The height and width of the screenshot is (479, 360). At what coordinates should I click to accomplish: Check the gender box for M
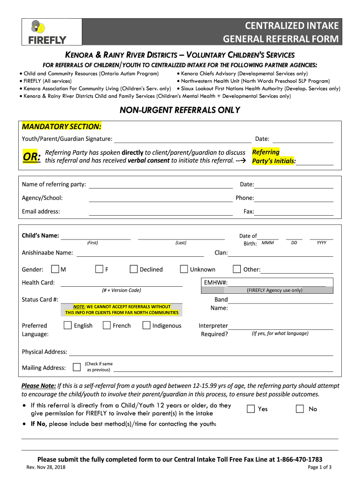pos(55,269)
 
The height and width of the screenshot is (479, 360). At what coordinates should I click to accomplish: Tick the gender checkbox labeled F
pos(99,269)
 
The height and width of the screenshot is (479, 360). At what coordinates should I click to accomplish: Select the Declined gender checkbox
pos(134,269)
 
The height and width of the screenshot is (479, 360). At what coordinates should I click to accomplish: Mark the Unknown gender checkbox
pos(184,269)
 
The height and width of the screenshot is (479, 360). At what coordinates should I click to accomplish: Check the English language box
pos(68,325)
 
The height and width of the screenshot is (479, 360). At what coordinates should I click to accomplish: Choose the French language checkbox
pos(107,325)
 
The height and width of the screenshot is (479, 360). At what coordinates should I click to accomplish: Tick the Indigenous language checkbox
pos(146,325)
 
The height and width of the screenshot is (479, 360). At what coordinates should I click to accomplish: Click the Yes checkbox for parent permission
pos(251,409)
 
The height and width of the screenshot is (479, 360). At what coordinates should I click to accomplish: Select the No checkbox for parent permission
pos(300,409)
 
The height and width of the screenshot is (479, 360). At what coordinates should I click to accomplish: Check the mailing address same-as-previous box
pos(77,367)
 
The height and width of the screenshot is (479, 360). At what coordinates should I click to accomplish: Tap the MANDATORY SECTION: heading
pos(61,126)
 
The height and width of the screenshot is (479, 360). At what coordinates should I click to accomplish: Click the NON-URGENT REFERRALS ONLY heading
pos(180,110)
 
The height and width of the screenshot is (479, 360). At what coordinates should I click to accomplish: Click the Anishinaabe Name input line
pos(140,254)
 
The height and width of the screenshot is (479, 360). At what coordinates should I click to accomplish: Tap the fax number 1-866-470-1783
pos(299,459)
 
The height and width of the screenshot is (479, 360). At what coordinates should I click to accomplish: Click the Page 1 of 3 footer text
pos(319,467)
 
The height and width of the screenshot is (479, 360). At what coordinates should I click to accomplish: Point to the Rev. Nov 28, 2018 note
pos(46,467)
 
